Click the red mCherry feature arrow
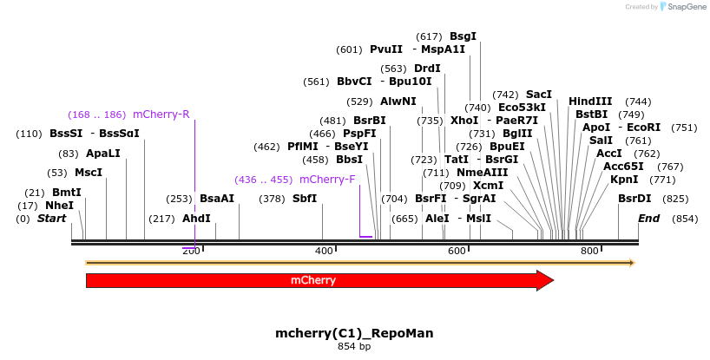(312, 280)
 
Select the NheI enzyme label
(59, 206)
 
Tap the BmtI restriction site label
(66, 193)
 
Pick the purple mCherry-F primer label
(327, 180)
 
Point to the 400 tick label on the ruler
(324, 251)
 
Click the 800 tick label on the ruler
(589, 251)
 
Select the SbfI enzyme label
(305, 199)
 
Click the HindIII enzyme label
(590, 101)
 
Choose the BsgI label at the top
(463, 36)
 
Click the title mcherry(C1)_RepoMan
(354, 333)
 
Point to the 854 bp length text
(354, 346)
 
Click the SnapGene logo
(682, 7)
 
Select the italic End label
(648, 219)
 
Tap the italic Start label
(51, 219)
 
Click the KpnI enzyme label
(624, 180)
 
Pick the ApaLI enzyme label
(102, 154)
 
